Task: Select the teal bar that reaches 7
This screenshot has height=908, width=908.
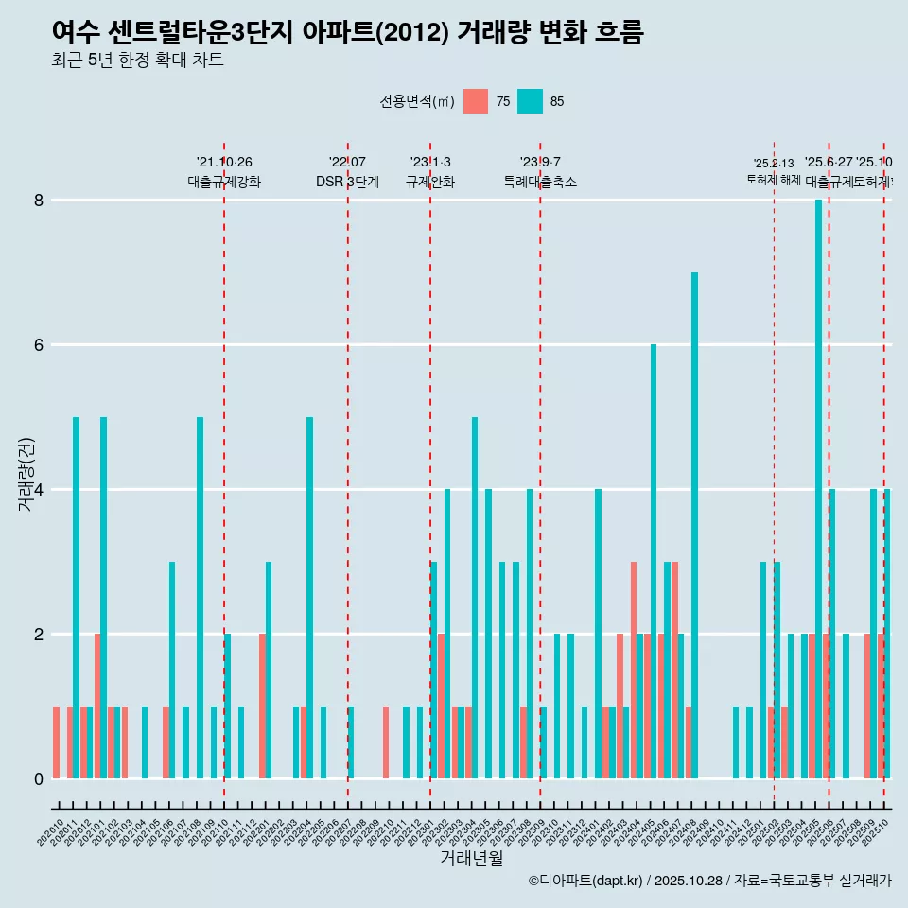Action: pos(694,525)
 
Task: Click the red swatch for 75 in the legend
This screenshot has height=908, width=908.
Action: pos(476,101)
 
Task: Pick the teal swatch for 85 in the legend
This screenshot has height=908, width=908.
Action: pos(531,101)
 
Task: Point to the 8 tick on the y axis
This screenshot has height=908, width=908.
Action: pos(39,201)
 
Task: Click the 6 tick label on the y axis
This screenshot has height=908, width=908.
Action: pos(39,345)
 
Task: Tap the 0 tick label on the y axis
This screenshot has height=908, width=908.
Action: pos(39,778)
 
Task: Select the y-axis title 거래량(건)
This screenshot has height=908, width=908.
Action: pos(26,474)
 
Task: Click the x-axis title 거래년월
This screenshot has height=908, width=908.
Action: pos(471,858)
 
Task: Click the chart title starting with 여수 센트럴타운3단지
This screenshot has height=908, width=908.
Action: pos(347,33)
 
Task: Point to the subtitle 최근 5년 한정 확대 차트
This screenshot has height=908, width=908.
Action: pos(137,61)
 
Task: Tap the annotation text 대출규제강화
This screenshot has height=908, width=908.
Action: pos(224,183)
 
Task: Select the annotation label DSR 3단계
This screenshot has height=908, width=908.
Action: pos(347,183)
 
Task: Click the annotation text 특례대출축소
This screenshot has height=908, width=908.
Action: pos(540,183)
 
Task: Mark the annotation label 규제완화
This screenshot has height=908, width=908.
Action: pos(430,183)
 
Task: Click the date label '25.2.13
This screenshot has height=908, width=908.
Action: pos(774,164)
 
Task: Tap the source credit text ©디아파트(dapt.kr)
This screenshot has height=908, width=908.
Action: pos(586,881)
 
